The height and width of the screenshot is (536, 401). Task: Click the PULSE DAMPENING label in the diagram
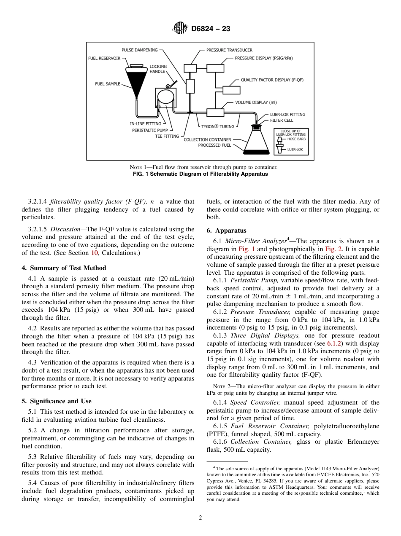139,50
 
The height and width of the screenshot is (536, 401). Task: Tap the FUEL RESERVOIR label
104,58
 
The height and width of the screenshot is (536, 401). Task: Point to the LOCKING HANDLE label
158,69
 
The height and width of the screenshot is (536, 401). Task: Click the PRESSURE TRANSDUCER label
229,50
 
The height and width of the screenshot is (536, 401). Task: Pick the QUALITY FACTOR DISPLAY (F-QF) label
272,80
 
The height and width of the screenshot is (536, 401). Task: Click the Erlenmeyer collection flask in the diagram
256,141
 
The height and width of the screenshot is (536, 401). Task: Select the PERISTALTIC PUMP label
150,130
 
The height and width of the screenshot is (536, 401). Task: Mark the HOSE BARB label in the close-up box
296,139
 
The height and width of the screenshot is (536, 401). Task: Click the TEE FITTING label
167,136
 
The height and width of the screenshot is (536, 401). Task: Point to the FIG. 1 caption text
200,174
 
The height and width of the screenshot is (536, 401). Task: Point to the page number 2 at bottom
200,518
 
